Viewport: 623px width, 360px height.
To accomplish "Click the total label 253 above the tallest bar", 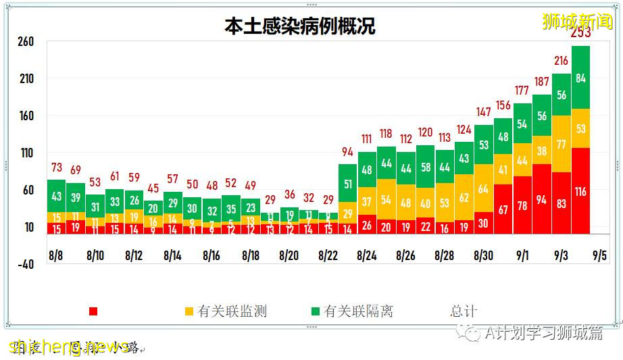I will pos(580,33).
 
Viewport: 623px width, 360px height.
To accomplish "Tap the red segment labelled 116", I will pos(580,192).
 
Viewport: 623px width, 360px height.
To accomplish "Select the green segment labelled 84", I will pos(580,78).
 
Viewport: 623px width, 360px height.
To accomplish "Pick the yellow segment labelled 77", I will pos(561,144).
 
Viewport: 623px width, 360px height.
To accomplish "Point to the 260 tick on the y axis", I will pos(26,42).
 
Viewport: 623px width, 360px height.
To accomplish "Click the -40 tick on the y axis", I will pos(25,264).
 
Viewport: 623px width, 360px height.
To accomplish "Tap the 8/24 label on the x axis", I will pos(366,256).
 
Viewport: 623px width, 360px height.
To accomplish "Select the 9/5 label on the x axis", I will pos(599,256).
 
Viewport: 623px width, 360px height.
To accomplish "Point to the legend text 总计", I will pos(464,311).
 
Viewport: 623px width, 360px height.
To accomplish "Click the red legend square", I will pos(93,311).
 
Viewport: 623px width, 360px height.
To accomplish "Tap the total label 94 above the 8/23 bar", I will pos(347,151).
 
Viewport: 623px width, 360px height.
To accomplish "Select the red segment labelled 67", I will pos(503,209).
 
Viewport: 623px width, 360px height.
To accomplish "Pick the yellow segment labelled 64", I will pos(483,188).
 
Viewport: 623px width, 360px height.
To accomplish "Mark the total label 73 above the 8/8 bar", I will pos(56,167).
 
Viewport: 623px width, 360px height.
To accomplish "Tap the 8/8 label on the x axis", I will pos(56,256).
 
